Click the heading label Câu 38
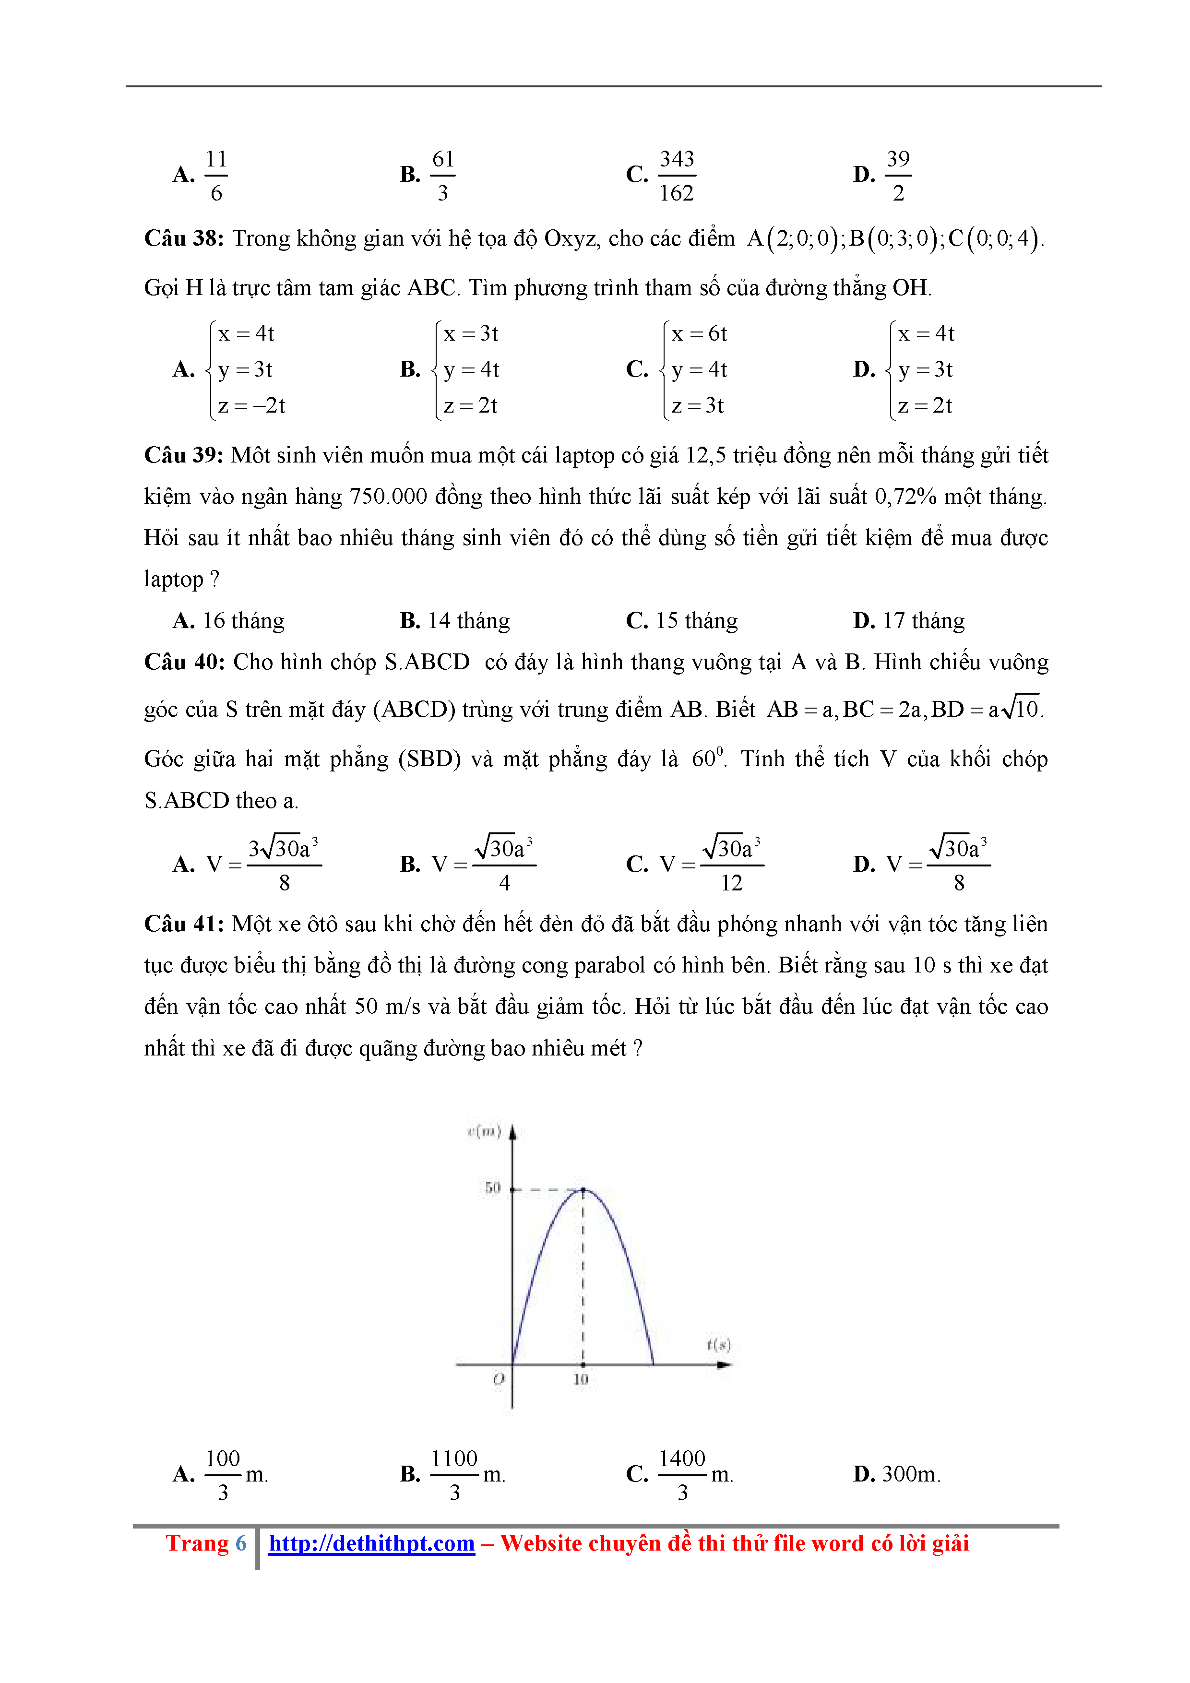[183, 239]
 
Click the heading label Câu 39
[183, 455]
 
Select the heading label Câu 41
[183, 924]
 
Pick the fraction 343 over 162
[676, 176]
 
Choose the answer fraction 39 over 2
[898, 176]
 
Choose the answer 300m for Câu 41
[911, 1473]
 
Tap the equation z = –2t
[251, 405]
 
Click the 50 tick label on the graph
[492, 1187]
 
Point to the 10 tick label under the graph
[581, 1379]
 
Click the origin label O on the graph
[499, 1379]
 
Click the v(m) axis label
[484, 1132]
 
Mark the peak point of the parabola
[583, 1190]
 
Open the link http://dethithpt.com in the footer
[372, 1543]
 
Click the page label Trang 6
[206, 1543]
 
